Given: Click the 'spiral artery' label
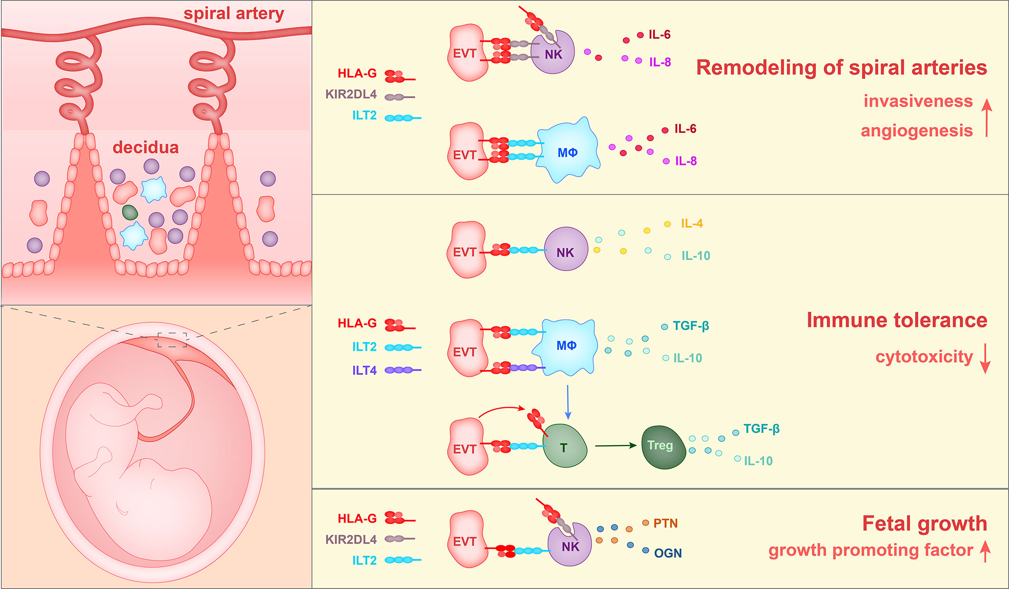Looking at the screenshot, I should coord(234,13).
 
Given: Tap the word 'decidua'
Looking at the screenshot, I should coord(145,147).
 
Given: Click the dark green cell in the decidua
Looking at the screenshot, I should coord(130,212).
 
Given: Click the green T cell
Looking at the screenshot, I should coord(565,447).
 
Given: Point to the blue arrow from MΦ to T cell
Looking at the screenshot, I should coord(568,402).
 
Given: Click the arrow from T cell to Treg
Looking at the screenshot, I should coord(616,445).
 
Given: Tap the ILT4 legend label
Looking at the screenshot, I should coord(364,370).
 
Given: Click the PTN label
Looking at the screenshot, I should coord(665,523).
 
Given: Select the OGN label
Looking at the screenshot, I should coord(668,553).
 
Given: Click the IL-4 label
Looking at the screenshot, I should coord(691,223).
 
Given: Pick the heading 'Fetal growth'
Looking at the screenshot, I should coord(924,523).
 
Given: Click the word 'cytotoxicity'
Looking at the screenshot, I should coord(924,356).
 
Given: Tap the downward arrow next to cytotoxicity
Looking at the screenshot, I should coord(985,358).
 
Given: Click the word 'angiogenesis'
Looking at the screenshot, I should coord(916,131).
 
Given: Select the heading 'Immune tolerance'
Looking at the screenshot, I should coord(897,320).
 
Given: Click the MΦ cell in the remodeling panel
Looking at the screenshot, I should coord(568,152).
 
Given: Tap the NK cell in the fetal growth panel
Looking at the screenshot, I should coord(570,546).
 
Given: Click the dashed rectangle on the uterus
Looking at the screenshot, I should coord(172,340).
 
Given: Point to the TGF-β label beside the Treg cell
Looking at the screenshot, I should coord(761,429).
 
